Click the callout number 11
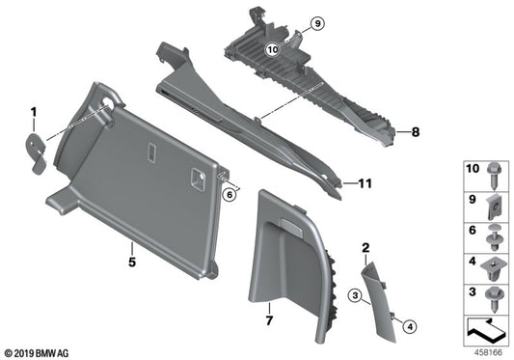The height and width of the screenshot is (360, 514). [x=365, y=182]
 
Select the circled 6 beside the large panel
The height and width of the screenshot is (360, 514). [x=230, y=195]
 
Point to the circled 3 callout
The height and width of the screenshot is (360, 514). [x=356, y=293]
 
